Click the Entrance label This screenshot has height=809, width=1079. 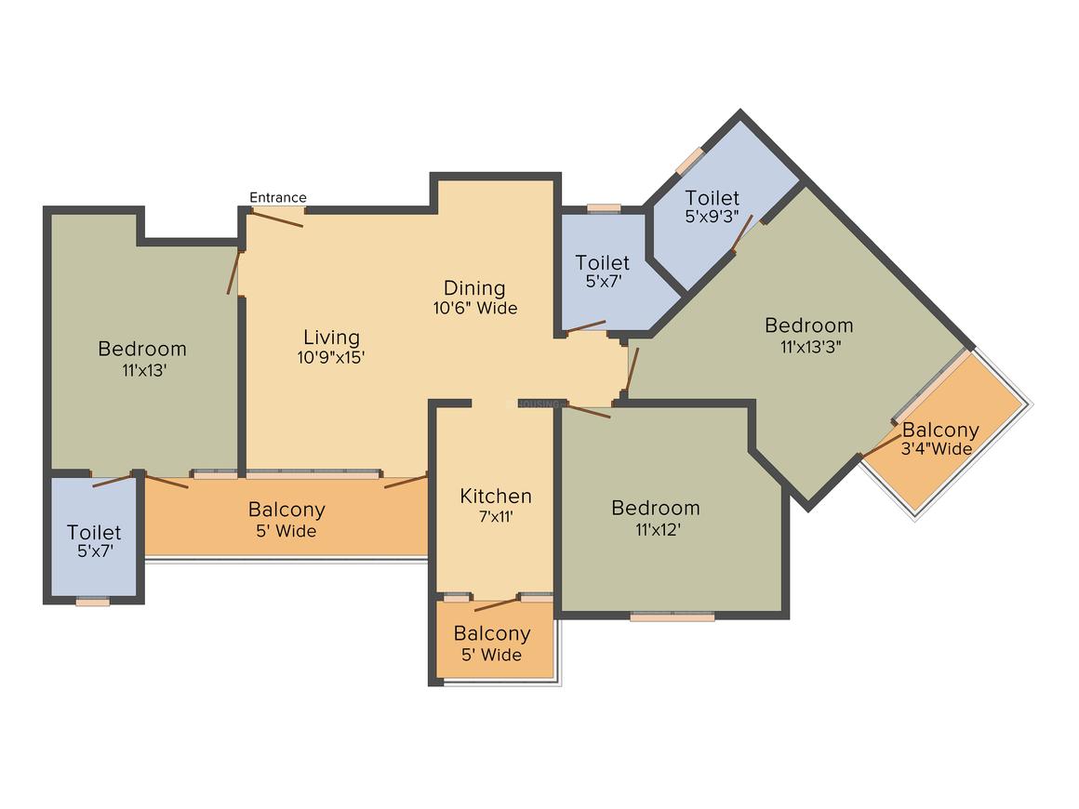[277, 197]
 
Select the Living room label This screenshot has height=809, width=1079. [331, 338]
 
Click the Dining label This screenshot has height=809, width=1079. [473, 288]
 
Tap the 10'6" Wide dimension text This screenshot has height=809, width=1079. [474, 308]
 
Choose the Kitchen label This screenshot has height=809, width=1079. [496, 497]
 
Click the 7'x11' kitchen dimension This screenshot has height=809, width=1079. [495, 516]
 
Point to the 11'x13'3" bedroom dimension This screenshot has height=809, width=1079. [808, 346]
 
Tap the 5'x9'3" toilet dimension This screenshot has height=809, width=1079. [712, 218]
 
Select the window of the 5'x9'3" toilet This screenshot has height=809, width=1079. [689, 159]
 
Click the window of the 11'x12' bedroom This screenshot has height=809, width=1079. [672, 616]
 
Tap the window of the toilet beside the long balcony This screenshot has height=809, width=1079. [93, 602]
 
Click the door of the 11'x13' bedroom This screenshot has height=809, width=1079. [233, 272]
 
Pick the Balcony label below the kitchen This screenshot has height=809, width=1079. [492, 634]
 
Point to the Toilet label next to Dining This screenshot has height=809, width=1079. [602, 263]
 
